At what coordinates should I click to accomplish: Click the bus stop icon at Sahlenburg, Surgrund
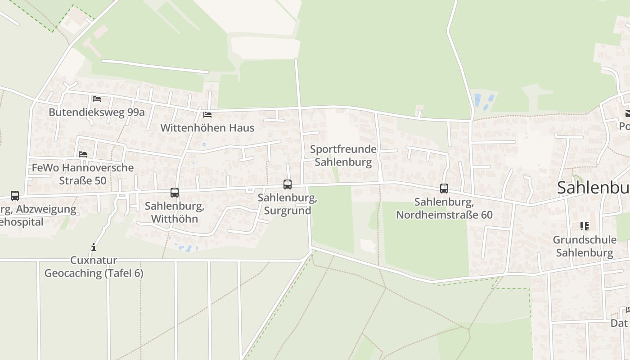pos(287,184)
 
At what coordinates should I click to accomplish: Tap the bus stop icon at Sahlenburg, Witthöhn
pos(175,193)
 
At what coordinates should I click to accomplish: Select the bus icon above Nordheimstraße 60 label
pos(444,189)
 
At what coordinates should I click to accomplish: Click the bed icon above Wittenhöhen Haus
pos(207,115)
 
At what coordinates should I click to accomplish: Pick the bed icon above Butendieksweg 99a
pos(97,99)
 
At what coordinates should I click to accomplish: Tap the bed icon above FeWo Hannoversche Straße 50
pos(83,154)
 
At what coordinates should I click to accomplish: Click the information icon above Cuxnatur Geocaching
pos(94,247)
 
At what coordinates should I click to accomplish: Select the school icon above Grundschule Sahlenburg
pos(585,226)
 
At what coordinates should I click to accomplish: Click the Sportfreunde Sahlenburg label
pos(343,156)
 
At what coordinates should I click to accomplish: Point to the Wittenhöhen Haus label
pos(207,128)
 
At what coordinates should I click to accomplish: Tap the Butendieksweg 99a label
pos(97,112)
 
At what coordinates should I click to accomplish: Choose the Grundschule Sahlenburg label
pos(585,246)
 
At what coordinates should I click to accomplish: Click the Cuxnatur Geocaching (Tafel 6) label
pos(94,267)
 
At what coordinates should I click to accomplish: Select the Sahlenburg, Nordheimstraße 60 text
pos(444,208)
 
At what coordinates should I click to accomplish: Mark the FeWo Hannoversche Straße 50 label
pos(83,174)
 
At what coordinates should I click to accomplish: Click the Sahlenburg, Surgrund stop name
pos(287,204)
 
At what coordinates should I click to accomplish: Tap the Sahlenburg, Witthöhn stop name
pos(175,212)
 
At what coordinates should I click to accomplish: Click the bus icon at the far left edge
pos(15,196)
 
